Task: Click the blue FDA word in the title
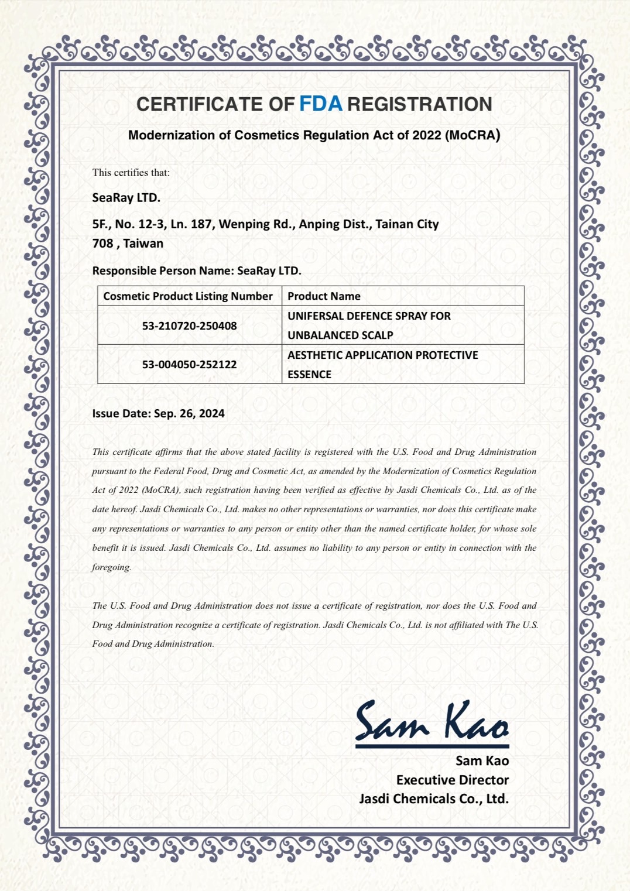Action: click(x=321, y=104)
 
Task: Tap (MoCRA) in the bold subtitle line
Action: click(x=473, y=135)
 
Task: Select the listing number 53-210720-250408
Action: click(x=189, y=325)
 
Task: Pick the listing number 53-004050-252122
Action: click(x=189, y=364)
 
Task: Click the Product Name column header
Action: click(x=324, y=296)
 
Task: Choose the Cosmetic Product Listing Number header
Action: click(x=188, y=296)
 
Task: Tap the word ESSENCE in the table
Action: click(x=309, y=375)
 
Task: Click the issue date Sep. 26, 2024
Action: click(x=189, y=413)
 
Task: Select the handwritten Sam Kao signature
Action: click(x=432, y=722)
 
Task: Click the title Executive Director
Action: click(x=452, y=780)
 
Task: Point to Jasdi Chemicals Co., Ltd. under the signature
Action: click(x=434, y=799)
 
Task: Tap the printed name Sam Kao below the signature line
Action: click(x=482, y=760)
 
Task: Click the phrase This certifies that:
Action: click(x=131, y=173)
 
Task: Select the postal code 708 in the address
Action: click(x=102, y=244)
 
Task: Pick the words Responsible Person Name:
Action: click(x=163, y=271)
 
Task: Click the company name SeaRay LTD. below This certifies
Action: click(x=126, y=198)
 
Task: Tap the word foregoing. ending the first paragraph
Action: click(x=111, y=567)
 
